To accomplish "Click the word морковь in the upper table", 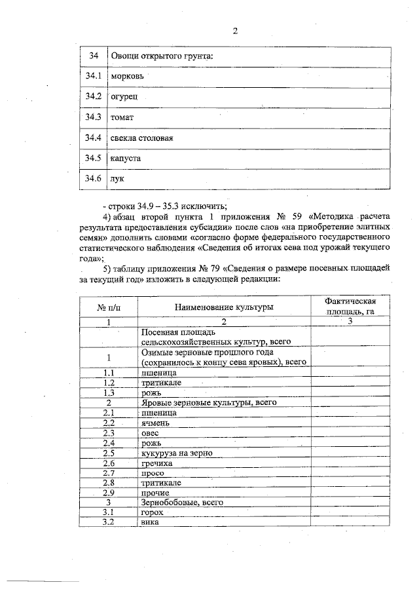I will pyautogui.click(x=127, y=77).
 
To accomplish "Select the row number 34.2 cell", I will pyautogui.click(x=93, y=98).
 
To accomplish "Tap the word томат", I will pyautogui.click(x=122, y=118).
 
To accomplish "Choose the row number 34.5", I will pyautogui.click(x=93, y=159).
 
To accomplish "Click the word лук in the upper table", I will pyautogui.click(x=118, y=179).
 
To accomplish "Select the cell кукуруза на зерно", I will pyautogui.click(x=176, y=453).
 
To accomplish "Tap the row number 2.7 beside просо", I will pyautogui.click(x=109, y=472).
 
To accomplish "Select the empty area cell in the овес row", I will pyautogui.click(x=351, y=433).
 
